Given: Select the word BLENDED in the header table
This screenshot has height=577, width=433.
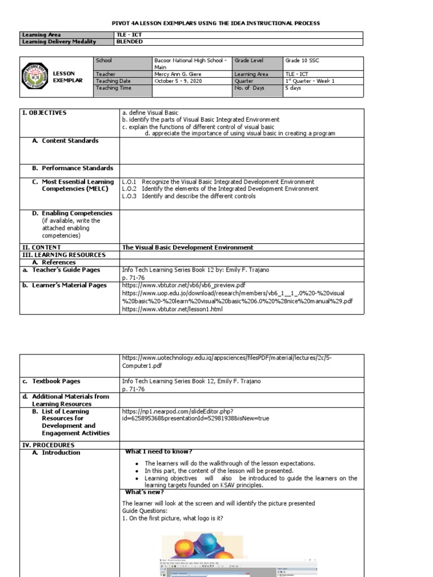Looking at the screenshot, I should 129,42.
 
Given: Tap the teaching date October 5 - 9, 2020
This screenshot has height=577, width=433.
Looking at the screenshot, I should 178,81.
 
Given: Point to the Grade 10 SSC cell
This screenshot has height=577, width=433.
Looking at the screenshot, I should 302,60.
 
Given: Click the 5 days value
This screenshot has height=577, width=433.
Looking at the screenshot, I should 294,88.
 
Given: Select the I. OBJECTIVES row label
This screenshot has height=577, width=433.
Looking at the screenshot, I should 45,113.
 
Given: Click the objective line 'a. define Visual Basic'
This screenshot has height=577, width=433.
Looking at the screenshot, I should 150,113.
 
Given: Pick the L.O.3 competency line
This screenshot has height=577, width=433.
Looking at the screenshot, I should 188,196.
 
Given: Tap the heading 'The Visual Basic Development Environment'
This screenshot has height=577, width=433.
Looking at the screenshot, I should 188,247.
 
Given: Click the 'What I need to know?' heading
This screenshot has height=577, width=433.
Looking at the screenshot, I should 158,451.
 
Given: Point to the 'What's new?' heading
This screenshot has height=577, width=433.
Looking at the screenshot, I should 144,492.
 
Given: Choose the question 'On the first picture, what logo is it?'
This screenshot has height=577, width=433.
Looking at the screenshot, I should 173,518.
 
